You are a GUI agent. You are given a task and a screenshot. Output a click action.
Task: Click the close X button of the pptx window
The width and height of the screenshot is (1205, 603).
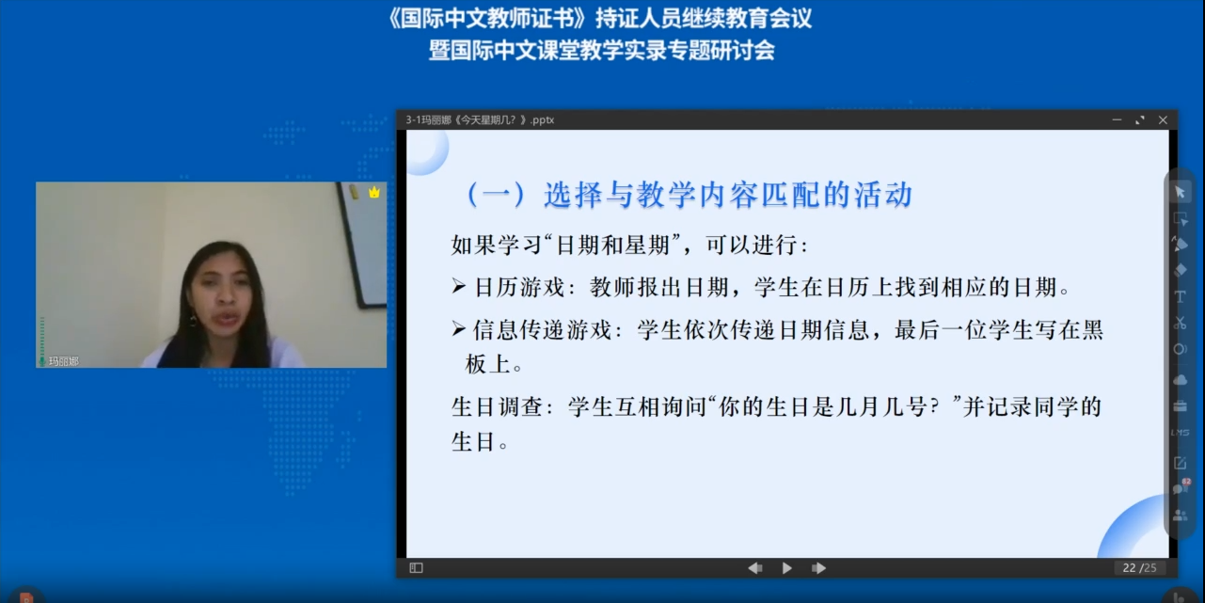[x=1163, y=120]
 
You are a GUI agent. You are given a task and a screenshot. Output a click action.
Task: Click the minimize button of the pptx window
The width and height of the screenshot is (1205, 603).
[x=1117, y=120]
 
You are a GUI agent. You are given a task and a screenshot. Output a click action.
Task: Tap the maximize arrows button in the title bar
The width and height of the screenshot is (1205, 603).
[x=1140, y=120]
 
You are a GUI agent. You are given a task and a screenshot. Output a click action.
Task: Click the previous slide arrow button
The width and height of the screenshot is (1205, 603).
[x=754, y=568]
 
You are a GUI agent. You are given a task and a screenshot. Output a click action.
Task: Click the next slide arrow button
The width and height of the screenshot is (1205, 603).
[x=818, y=568]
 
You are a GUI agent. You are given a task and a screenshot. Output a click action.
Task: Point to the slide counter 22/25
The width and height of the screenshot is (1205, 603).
[x=1139, y=568]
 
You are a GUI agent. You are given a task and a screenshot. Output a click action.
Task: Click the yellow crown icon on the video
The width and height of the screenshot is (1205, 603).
[x=374, y=192]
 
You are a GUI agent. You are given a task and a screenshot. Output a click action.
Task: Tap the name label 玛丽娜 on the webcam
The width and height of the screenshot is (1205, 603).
[x=63, y=361]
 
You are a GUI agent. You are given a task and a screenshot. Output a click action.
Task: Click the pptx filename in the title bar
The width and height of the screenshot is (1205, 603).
[x=480, y=120]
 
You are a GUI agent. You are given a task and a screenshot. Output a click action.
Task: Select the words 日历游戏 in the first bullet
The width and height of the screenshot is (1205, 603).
[x=519, y=288]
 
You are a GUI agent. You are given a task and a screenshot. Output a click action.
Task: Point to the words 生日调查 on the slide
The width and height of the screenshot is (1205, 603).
[x=497, y=406]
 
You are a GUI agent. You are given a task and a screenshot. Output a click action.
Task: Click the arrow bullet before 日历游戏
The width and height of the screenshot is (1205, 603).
[x=458, y=287]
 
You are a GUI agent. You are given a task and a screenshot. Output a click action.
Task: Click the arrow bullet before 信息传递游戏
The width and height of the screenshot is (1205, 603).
[x=458, y=328]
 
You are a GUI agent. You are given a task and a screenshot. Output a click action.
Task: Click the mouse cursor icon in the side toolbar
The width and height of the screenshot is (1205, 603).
[x=1180, y=193]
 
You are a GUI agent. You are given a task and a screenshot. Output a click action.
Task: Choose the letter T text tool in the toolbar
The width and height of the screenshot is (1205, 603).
[x=1180, y=297]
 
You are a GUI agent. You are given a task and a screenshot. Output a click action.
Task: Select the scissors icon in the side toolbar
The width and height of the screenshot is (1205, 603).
[x=1180, y=323]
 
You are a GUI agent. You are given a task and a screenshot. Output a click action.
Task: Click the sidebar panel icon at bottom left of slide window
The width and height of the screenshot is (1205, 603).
[x=416, y=568]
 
